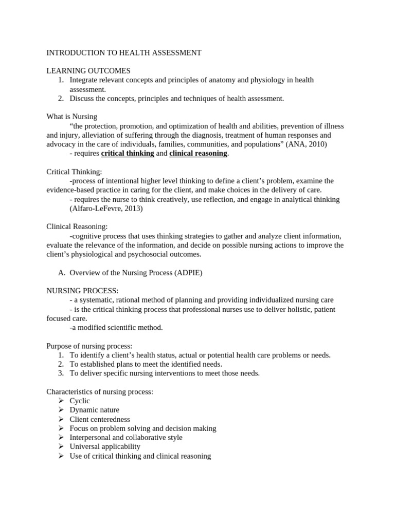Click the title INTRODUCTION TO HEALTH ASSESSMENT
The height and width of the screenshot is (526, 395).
point(124,52)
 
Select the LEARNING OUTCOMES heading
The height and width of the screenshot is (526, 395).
point(88,71)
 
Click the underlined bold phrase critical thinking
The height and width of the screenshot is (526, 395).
point(128,153)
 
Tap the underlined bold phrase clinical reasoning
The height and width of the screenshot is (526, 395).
point(198,153)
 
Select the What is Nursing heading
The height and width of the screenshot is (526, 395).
point(71,117)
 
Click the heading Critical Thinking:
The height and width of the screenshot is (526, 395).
point(74,172)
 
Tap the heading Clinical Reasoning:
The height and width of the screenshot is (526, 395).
point(77,227)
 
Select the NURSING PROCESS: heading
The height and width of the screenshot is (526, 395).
point(82,291)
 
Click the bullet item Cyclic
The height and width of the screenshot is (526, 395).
point(80,401)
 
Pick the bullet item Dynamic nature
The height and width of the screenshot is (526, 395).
point(94,410)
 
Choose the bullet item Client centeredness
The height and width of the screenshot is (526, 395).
point(100,419)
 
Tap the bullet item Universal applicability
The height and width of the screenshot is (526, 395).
point(105,447)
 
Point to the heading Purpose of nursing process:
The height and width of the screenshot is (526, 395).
point(89,346)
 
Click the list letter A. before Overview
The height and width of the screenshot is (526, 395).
point(62,273)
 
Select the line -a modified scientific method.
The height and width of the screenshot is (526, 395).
point(116,327)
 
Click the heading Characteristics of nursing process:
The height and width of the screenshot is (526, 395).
point(100,391)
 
